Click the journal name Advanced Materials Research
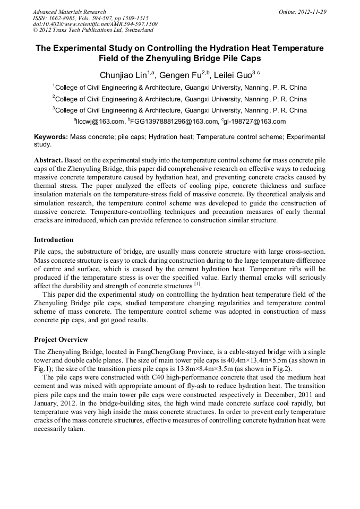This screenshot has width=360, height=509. (69, 12)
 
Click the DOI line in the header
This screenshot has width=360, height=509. (95, 24)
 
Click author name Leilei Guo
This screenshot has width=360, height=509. (232, 75)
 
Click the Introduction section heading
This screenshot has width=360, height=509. (54, 240)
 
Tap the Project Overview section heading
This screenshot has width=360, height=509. (61, 340)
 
